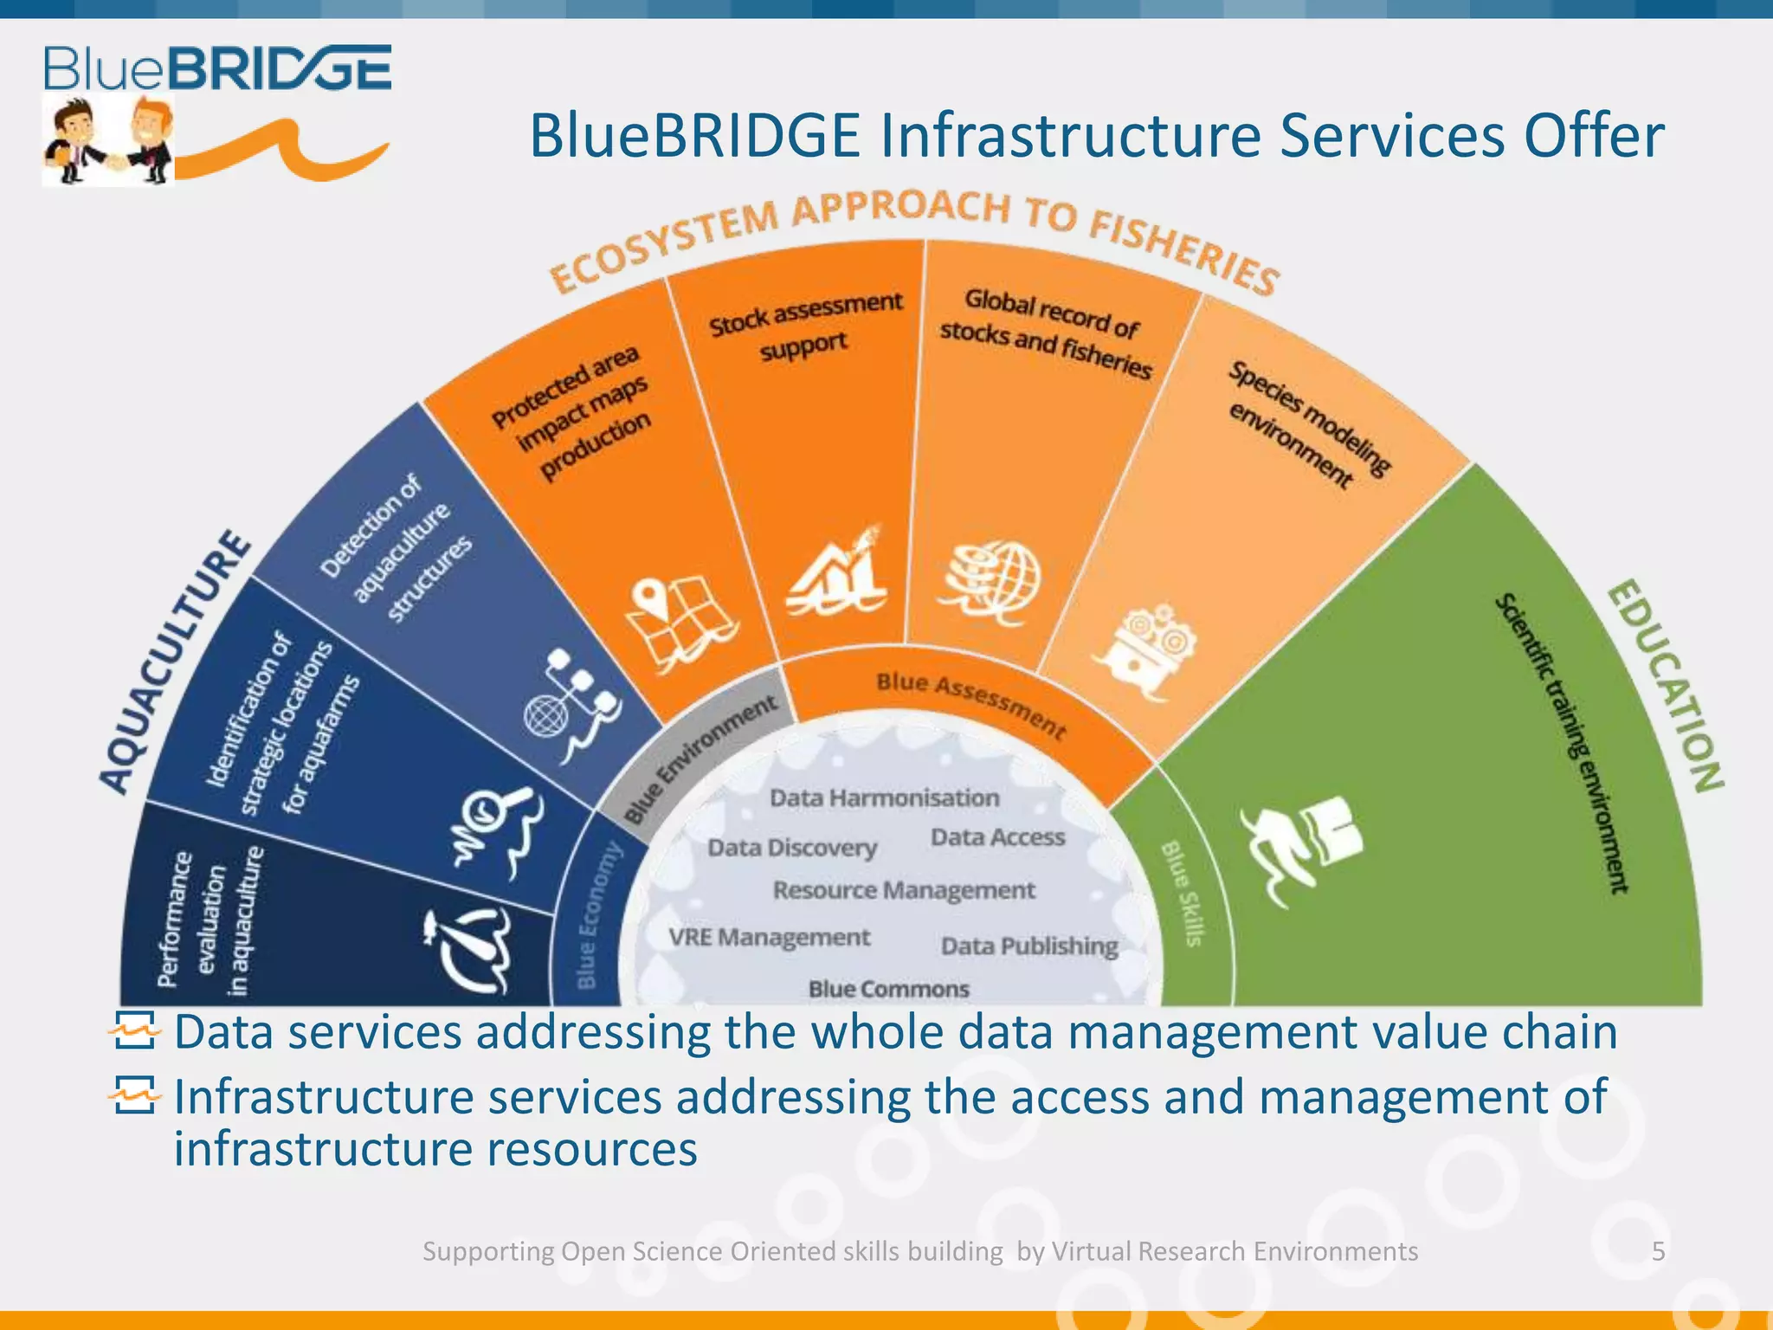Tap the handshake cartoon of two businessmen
click(108, 141)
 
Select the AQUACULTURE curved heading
click(173, 662)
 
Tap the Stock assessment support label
click(805, 325)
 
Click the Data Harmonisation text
click(884, 797)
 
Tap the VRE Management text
click(769, 937)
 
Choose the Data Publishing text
click(1028, 946)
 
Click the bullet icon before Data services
click(135, 1030)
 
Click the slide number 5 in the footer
click(1658, 1251)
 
